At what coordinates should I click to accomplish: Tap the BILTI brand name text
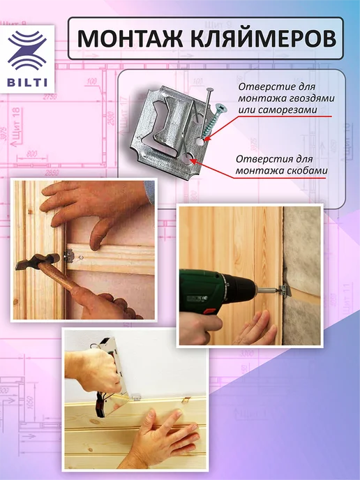pyautogui.click(x=27, y=83)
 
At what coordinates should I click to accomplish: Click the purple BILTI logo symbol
pyautogui.click(x=27, y=51)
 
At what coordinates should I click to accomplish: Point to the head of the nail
pyautogui.click(x=210, y=90)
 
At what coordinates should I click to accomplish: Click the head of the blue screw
pyautogui.click(x=220, y=107)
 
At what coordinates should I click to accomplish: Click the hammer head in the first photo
pyautogui.click(x=38, y=261)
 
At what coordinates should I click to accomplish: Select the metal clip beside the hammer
pyautogui.click(x=69, y=255)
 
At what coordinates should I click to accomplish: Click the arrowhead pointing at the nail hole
pyautogui.click(x=207, y=140)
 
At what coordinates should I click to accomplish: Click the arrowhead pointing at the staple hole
pyautogui.click(x=193, y=161)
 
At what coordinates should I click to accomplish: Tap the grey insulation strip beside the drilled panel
pyautogui.click(x=301, y=276)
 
